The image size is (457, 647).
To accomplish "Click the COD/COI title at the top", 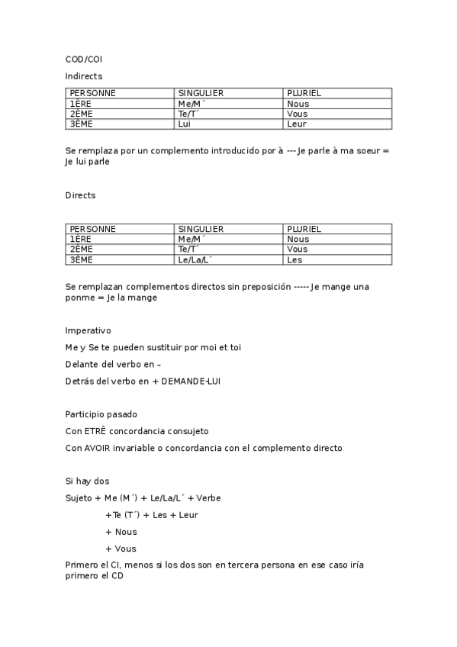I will (83, 59).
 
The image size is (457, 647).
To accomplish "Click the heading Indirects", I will (83, 76).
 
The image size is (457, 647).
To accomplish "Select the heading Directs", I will (80, 196).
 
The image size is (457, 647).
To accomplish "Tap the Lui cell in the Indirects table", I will (184, 124).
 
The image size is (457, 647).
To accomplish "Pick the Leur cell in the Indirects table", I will (298, 124).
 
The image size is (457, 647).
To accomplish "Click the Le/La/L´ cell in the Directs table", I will (194, 260).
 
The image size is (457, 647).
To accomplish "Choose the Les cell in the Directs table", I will (294, 260).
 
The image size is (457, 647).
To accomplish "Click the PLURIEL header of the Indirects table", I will (304, 93).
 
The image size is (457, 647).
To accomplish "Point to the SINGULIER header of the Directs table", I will (201, 229).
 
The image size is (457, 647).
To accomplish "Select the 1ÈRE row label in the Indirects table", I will (80, 104).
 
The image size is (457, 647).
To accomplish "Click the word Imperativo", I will (88, 331).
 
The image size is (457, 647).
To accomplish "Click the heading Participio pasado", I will (101, 414).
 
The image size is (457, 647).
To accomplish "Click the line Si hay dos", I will (88, 481).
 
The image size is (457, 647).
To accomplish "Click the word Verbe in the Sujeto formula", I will (208, 498).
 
